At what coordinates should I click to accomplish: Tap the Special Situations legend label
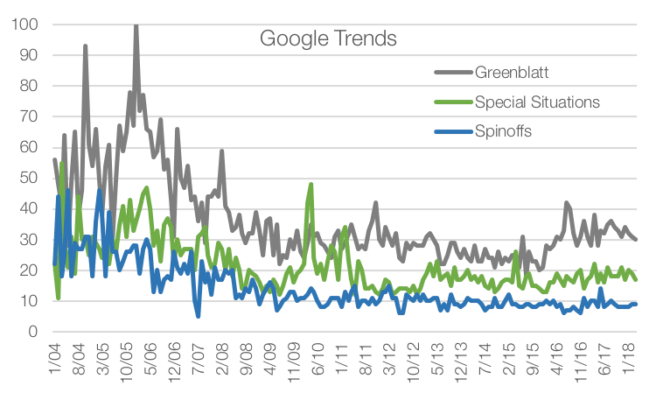tap(537, 102)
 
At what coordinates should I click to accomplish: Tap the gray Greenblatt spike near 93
tap(85, 46)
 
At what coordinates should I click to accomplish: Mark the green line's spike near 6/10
tap(311, 184)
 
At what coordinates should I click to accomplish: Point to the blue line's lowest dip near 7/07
tap(198, 316)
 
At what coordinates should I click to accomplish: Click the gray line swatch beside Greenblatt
tap(453, 71)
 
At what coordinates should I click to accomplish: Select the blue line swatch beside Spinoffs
tap(453, 133)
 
